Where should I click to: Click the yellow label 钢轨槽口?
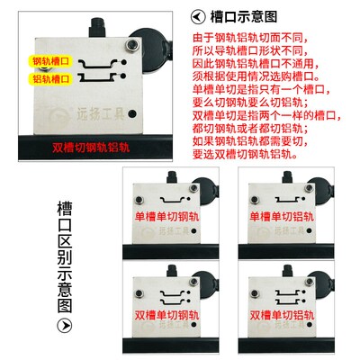point(53,62)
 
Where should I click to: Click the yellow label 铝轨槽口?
point(53,80)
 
